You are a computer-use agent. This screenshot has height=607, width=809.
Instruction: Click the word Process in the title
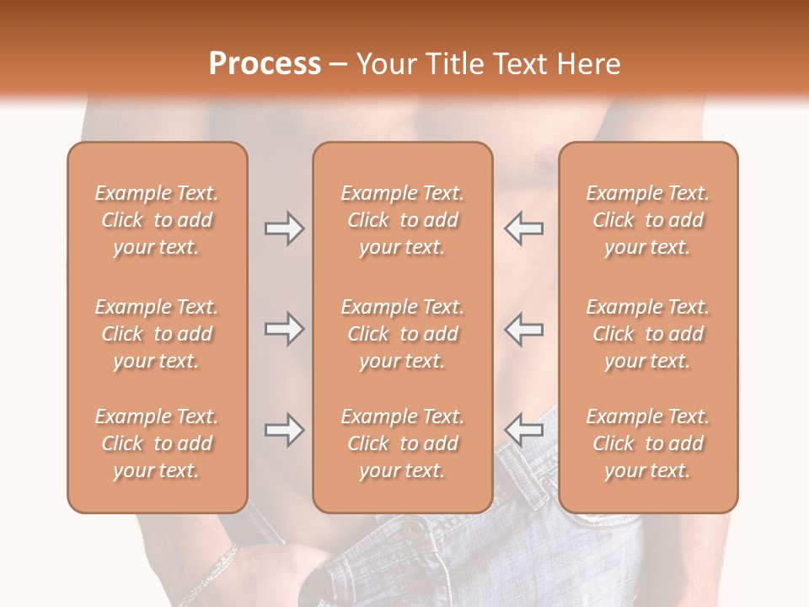coord(265,64)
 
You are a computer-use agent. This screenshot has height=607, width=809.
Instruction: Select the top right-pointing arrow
coord(284,228)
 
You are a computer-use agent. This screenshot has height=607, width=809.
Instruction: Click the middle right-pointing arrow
coord(284,329)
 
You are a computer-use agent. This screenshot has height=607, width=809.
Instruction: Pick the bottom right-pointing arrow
coord(284,430)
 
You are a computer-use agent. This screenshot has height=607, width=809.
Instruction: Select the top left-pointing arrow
coord(524,228)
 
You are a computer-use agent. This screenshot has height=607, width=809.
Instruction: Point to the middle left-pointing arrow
coord(524,329)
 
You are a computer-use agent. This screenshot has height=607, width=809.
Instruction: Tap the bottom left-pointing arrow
coord(524,430)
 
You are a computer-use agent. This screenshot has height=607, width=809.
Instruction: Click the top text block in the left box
coord(157,220)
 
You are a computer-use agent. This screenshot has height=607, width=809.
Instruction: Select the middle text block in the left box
coord(157,334)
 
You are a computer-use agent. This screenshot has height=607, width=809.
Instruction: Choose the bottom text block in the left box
coord(157,443)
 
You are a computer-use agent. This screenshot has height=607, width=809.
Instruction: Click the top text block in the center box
coord(403,220)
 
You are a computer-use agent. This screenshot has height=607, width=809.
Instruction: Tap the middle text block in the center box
coord(403,334)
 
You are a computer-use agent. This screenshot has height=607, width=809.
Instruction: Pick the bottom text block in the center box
coord(403,443)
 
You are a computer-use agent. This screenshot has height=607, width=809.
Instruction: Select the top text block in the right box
coord(648,220)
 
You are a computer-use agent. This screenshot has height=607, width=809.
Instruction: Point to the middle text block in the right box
coord(648,334)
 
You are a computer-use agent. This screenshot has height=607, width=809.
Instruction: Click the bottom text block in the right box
coord(648,443)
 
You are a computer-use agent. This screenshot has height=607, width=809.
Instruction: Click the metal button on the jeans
coord(414,529)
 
